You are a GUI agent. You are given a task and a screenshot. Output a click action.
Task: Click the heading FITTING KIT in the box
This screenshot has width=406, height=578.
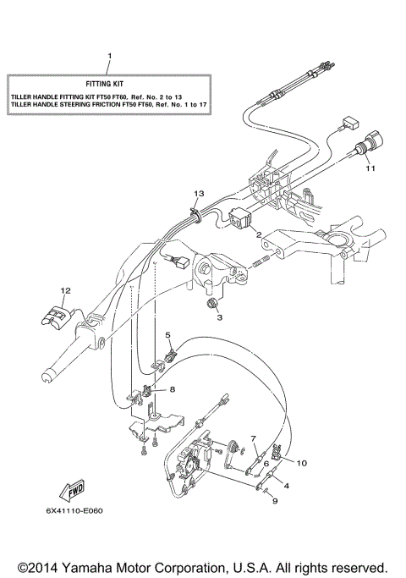click(110, 85)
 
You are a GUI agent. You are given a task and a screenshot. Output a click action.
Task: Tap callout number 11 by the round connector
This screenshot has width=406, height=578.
click(369, 168)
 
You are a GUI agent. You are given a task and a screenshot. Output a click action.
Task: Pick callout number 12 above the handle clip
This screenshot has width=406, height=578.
click(62, 290)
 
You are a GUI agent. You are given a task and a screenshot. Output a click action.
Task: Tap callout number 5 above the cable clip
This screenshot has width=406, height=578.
click(167, 335)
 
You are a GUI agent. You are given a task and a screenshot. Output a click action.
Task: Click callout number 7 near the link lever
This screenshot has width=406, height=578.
click(253, 438)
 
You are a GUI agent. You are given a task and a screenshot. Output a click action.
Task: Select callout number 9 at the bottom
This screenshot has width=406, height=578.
click(274, 501)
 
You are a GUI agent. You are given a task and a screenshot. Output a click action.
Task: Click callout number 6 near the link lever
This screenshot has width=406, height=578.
click(265, 463)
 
